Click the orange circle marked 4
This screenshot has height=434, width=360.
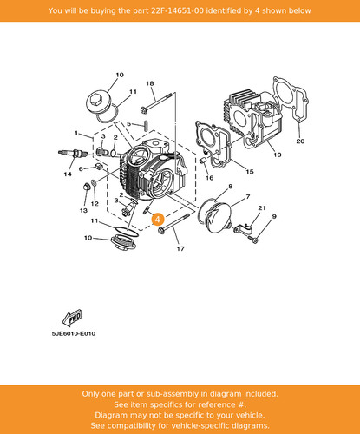pyautogui.click(x=157, y=220)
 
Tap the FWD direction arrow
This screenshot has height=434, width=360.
pyautogui.click(x=72, y=318)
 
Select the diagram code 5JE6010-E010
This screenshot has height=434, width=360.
pyautogui.click(x=74, y=333)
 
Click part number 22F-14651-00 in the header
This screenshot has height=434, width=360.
pyautogui.click(x=177, y=10)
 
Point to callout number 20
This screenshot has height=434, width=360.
pyautogui.click(x=300, y=141)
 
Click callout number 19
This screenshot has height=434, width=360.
pyautogui.click(x=278, y=155)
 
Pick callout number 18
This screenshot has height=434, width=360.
pyautogui.click(x=150, y=83)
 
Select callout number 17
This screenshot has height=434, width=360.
pyautogui.click(x=180, y=248)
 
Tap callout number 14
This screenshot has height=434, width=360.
pyautogui.click(x=68, y=174)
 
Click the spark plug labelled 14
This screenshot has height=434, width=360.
pyautogui.click(x=73, y=153)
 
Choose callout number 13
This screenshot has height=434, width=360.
pyautogui.click(x=83, y=210)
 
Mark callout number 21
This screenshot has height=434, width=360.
pyautogui.click(x=262, y=207)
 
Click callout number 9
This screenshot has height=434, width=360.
pyautogui.click(x=274, y=216)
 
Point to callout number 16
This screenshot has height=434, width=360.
pyautogui.click(x=209, y=178)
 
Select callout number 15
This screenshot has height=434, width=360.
pyautogui.click(x=250, y=172)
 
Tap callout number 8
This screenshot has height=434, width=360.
pyautogui.click(x=231, y=187)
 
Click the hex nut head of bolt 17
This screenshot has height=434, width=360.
pyautogui.click(x=161, y=231)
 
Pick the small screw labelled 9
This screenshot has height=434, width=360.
pyautogui.click(x=253, y=239)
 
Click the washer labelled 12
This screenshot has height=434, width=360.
pyautogui.click(x=94, y=182)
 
